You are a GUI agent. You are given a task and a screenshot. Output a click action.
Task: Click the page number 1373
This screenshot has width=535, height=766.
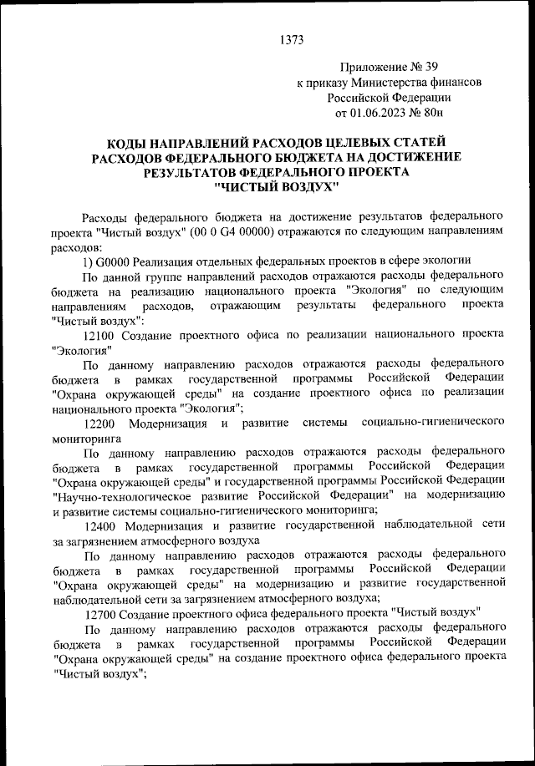click(292, 39)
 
